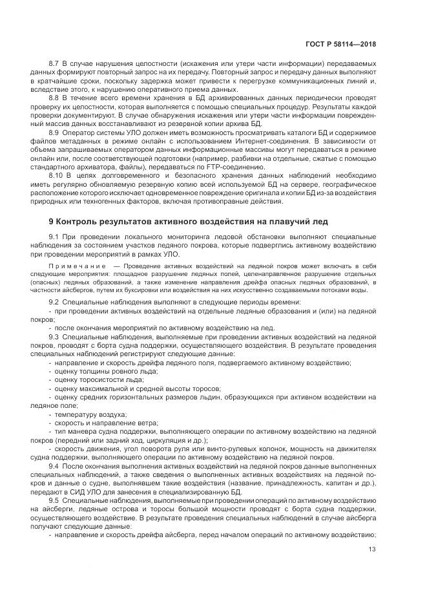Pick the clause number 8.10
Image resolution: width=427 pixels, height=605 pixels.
[x=56, y=175]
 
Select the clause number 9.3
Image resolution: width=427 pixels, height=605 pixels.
[x=54, y=337]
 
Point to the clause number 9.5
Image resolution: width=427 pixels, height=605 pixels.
[x=54, y=501]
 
